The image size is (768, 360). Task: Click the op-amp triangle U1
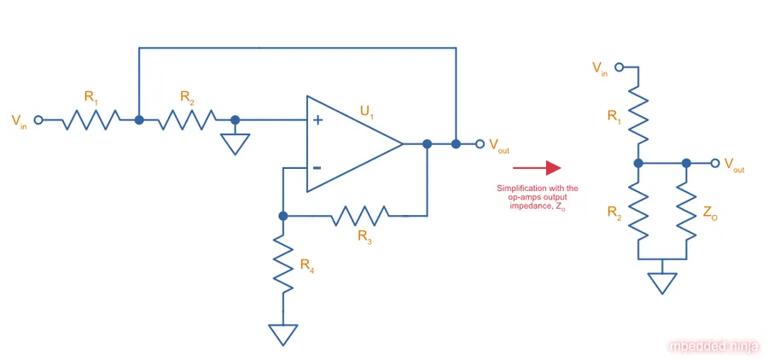tap(350, 143)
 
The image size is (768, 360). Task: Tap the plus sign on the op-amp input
tap(317, 120)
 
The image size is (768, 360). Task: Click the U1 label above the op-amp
tap(369, 111)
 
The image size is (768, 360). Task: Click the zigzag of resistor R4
tap(283, 261)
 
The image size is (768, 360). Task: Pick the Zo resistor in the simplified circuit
tap(687, 210)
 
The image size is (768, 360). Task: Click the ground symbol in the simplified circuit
tap(662, 282)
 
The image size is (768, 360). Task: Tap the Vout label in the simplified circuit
tap(734, 165)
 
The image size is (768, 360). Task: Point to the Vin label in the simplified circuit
tap(601, 67)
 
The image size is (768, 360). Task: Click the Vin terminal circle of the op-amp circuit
tap(38, 120)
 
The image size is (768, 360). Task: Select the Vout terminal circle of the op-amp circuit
tap(480, 143)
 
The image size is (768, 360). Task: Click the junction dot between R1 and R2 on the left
tap(139, 120)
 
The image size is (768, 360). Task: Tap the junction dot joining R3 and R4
tap(283, 216)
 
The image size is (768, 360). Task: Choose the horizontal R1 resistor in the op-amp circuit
tap(90, 120)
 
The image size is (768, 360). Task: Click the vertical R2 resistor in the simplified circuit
tap(638, 210)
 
